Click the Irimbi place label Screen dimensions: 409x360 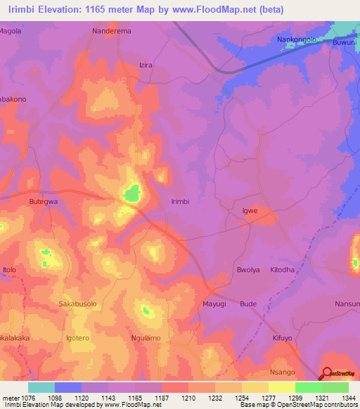181,201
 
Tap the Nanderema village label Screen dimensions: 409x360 112,32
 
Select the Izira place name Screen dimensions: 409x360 146,65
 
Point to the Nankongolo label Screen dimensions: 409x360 296,41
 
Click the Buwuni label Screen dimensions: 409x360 344,41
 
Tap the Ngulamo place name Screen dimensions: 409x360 146,338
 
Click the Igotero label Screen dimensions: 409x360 77,338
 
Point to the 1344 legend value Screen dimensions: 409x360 349,397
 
